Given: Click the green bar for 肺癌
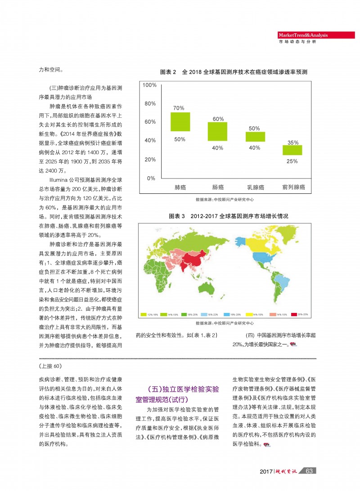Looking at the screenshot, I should (x=180, y=121).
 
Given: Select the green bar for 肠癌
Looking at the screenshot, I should (x=218, y=131).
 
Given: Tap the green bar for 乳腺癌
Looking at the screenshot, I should (x=255, y=137).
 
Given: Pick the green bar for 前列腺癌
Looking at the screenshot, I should (x=292, y=150).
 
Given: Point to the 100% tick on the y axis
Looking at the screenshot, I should (x=149, y=85).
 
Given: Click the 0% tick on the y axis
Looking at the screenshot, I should (x=151, y=178).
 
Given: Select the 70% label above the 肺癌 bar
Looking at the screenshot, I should (x=179, y=108).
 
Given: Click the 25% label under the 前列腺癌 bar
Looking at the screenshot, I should (x=292, y=161).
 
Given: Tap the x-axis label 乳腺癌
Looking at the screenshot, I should (x=255, y=187).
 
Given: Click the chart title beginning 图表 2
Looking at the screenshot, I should (x=234, y=72).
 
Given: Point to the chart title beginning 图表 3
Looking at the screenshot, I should (x=228, y=216).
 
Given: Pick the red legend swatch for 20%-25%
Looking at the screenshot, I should (x=295, y=314).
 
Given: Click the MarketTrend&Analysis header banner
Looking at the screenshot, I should (x=310, y=35).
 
